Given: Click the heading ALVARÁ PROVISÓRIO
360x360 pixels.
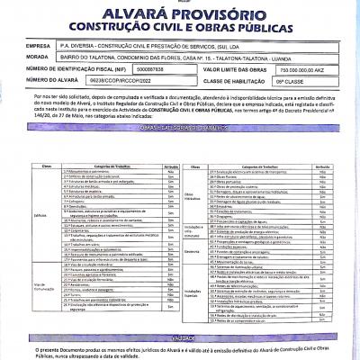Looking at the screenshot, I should (x=180, y=15).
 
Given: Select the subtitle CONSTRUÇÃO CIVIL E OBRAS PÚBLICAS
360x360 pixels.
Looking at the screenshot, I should (x=180, y=28).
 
